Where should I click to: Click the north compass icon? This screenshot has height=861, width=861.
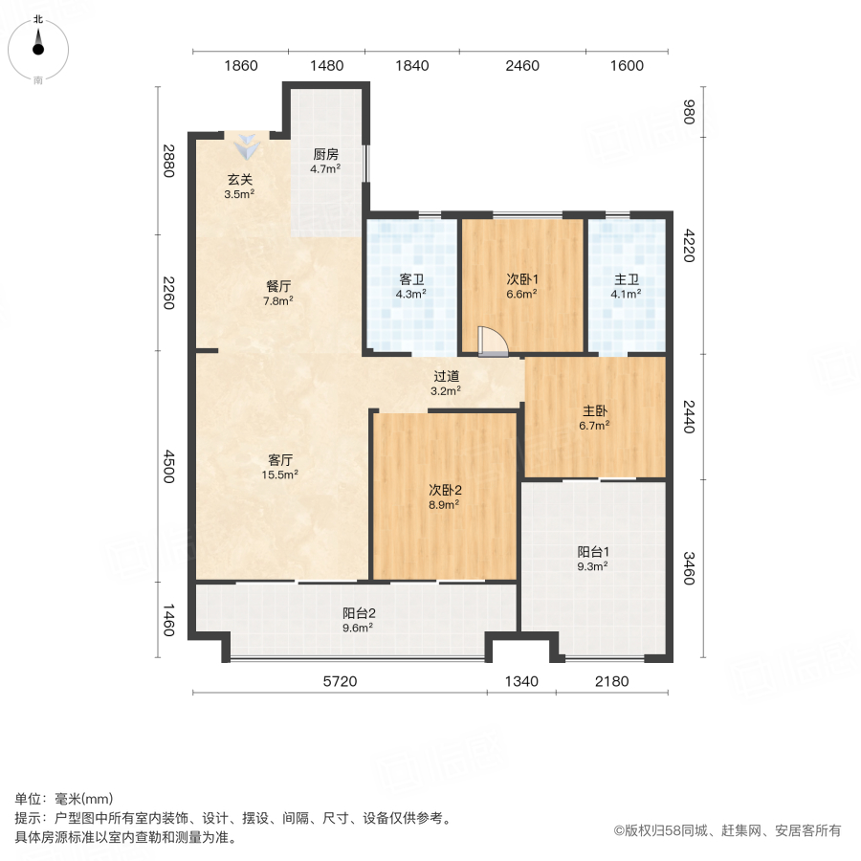38,48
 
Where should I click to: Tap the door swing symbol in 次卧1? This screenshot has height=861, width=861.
493,342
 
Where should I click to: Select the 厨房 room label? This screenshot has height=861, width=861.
325,153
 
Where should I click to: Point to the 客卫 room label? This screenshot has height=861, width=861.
411,280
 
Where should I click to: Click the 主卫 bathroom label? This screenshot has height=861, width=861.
627,280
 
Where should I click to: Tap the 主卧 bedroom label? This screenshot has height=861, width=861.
595,410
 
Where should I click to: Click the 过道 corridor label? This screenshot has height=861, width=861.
446,376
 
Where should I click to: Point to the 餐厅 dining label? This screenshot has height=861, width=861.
278,285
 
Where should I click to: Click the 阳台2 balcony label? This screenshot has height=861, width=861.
358,614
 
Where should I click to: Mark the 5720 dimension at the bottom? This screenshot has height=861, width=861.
338,682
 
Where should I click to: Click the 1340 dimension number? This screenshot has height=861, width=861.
521,682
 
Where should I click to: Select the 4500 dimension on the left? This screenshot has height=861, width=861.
168,468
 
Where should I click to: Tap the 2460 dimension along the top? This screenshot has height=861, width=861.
522,66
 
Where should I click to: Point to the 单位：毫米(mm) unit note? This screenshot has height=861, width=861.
63,800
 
